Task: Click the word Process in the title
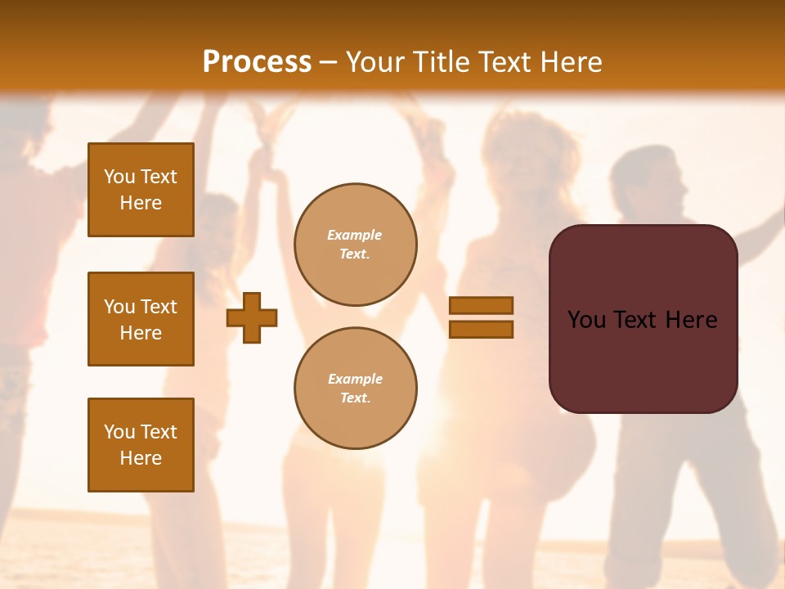pos(257,62)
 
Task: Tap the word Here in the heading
pos(570,62)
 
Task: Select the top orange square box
pos(141,190)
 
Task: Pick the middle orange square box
pos(141,319)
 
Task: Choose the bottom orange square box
pos(141,445)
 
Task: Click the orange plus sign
pos(252,317)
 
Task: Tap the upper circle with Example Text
pos(356,245)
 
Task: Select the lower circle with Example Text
pos(356,389)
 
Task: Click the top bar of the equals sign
pos(481,305)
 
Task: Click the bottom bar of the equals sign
pos(481,329)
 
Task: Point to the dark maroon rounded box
pos(643,360)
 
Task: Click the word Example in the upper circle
pos(354,236)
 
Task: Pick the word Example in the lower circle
pos(355,380)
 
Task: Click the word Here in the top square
pos(141,203)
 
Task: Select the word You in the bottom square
pos(119,432)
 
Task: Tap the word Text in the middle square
pos(159,307)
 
